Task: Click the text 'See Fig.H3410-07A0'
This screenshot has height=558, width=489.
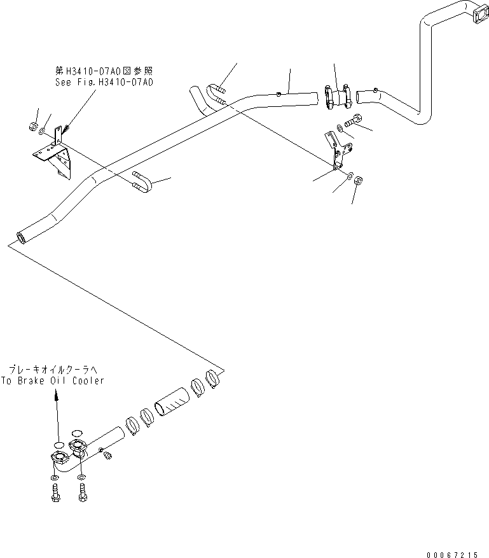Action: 105,82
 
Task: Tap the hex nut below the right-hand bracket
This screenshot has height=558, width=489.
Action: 357,181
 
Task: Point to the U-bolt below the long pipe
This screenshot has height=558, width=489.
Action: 142,183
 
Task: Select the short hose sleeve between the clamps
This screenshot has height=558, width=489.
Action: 173,403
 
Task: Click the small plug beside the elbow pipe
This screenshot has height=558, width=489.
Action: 107,455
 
